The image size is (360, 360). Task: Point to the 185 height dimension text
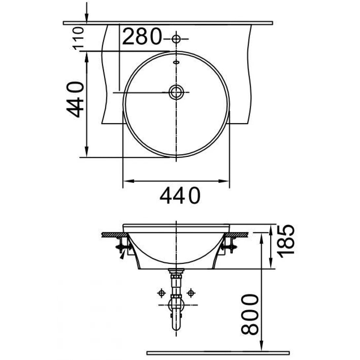285,239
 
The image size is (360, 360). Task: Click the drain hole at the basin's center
176,92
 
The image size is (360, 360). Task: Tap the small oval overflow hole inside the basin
176,62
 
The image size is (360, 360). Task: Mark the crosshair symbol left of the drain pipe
162,293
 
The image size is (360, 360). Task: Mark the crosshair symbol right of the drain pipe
191,293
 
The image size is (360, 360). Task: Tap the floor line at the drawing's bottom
218,353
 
